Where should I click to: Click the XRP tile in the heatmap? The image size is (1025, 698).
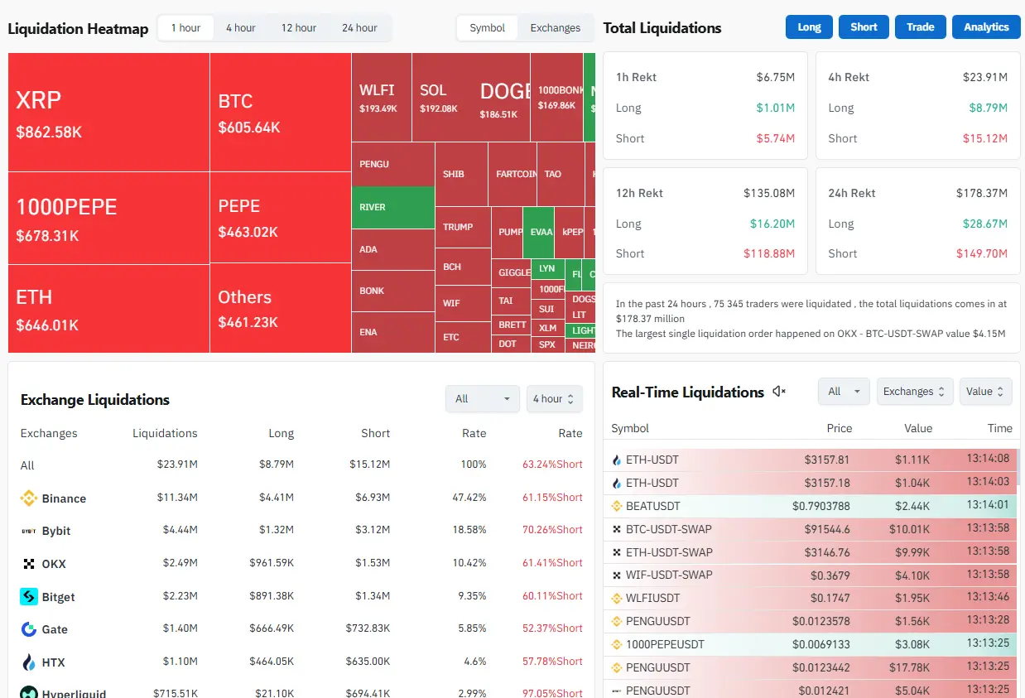108,113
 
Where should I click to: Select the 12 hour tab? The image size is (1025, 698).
298,27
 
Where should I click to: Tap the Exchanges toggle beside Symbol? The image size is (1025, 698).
555,27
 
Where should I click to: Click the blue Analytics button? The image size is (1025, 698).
986,27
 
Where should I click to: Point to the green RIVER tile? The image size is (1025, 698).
392,207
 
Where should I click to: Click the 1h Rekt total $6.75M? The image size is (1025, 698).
775,77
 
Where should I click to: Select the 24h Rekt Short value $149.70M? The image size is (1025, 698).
984,253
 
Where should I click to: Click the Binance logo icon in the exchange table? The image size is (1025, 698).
29,498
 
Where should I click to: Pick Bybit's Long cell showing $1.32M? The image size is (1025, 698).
277,531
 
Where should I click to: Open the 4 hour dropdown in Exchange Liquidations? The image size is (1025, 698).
554,399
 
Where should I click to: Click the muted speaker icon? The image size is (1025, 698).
779,392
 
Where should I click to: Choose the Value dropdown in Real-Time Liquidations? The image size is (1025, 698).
985,392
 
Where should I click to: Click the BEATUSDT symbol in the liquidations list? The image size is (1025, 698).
652,506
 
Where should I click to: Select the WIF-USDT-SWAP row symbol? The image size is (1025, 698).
668,575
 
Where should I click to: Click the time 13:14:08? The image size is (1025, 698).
988,459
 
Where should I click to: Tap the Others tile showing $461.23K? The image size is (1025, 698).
280,309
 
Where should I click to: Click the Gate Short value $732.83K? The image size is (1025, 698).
368,629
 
